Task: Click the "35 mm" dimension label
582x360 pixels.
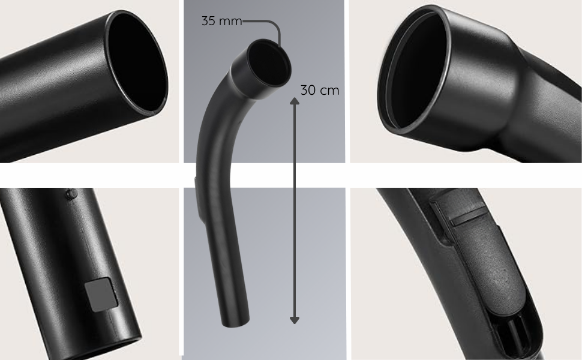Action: (221, 21)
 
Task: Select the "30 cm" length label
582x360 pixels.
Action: (319, 90)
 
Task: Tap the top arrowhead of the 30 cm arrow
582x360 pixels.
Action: (295, 102)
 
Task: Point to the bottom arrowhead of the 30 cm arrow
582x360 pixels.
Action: (295, 319)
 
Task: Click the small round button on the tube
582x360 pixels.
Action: (70, 194)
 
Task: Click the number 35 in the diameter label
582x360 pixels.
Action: (209, 21)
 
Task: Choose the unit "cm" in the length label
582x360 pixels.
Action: (329, 90)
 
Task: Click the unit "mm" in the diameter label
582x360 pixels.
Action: (230, 21)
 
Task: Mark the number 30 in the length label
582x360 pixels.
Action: (308, 90)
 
